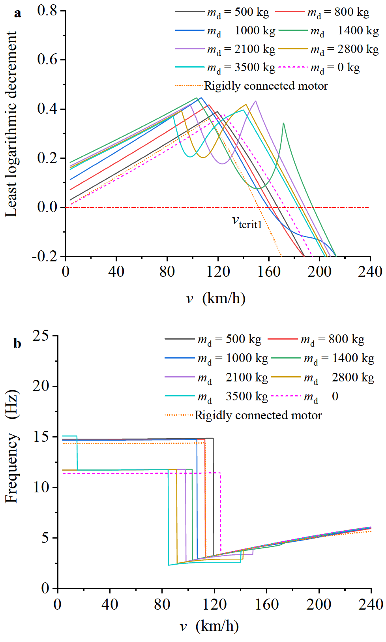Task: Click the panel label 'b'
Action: pos(17,344)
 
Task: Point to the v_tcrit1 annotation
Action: pos(247,222)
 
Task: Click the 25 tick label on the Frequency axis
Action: pos(41,336)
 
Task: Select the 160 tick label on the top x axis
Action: pos(269,272)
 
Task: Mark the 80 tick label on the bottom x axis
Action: pos(162,604)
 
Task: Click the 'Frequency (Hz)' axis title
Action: pos(12,446)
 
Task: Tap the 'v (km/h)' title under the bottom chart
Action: pos(209,626)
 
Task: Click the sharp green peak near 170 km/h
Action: pos(283,124)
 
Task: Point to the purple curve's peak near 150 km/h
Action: pos(256,101)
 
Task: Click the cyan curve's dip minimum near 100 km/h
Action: pos(190,157)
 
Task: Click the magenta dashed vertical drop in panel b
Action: pos(220,513)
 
